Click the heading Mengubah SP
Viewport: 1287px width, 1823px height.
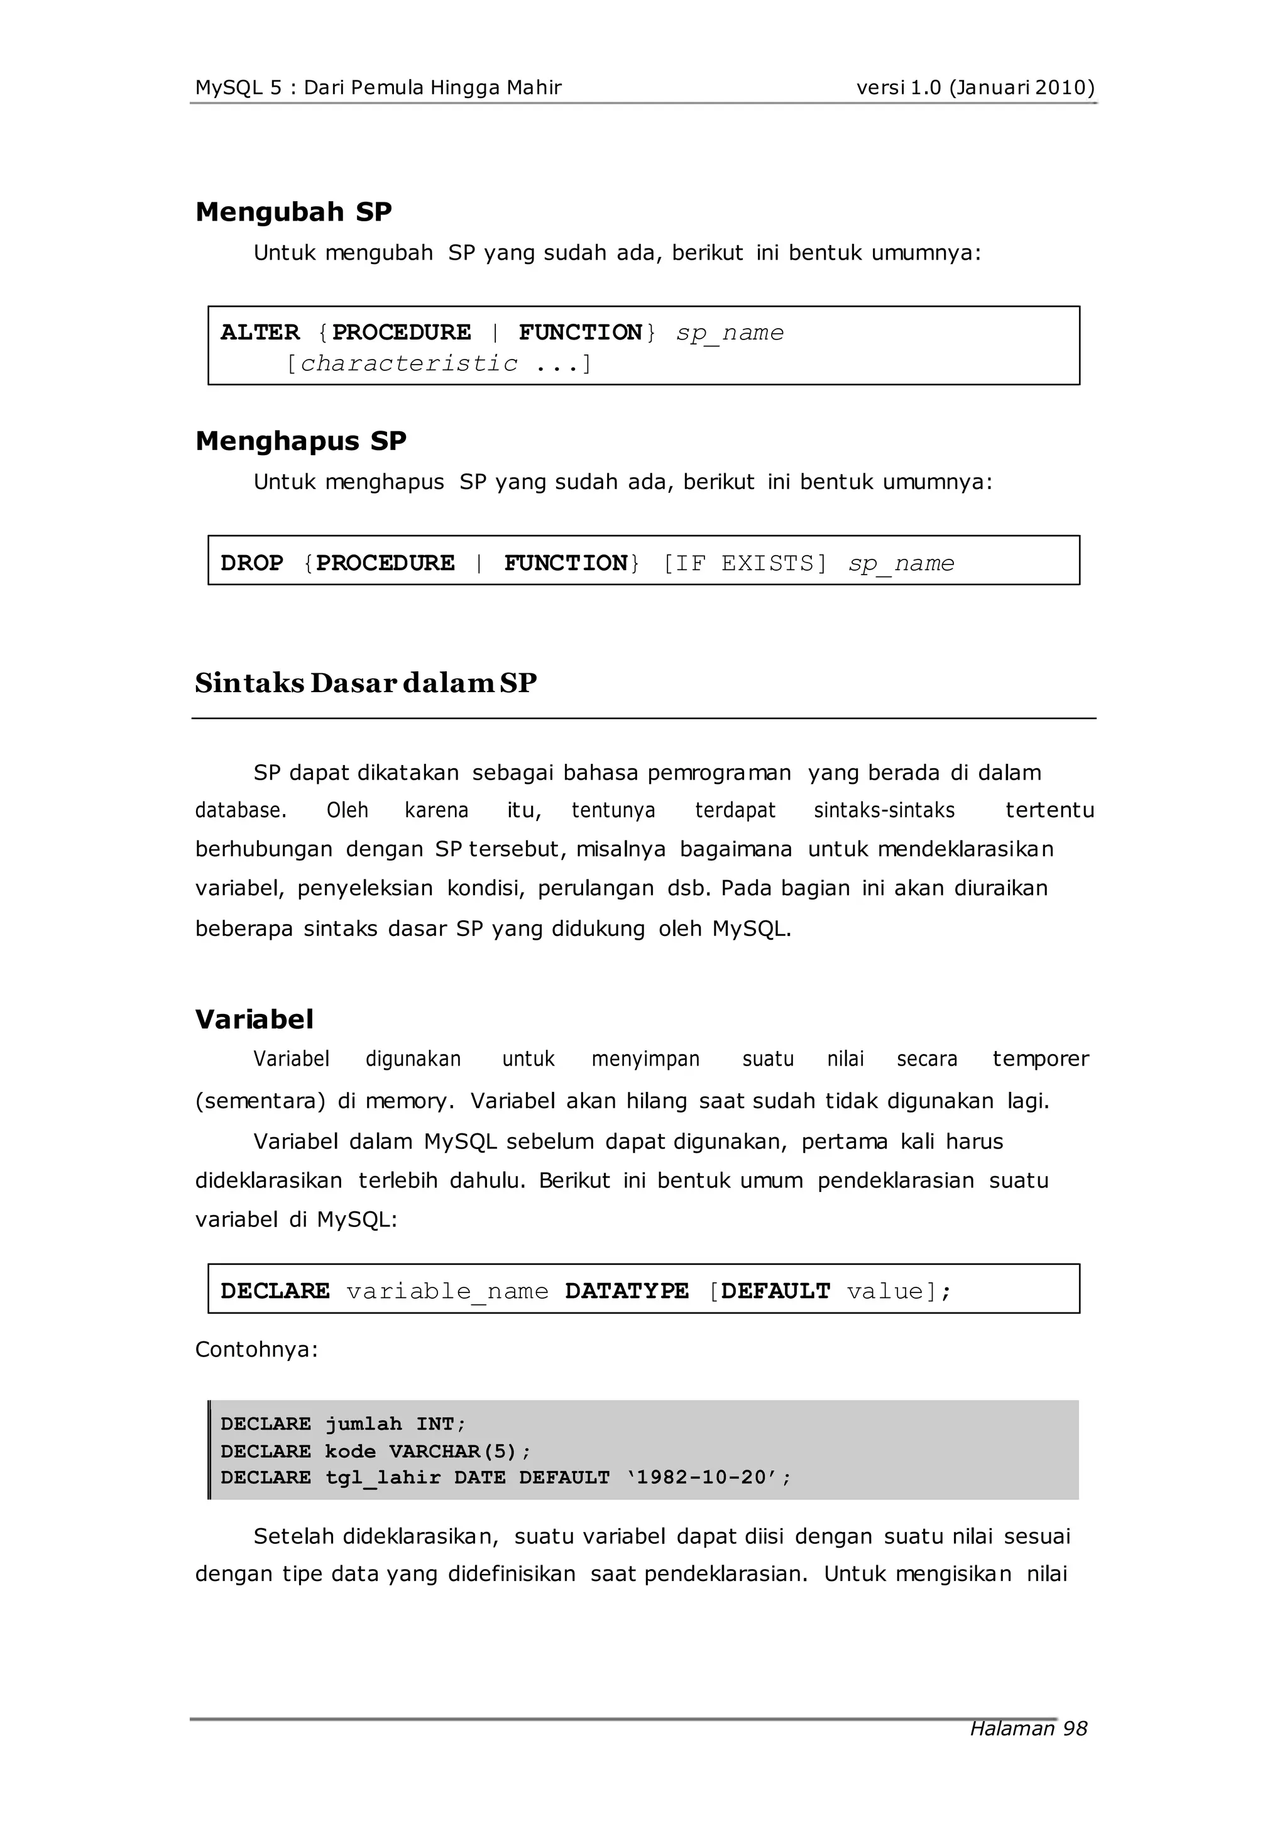[x=293, y=212]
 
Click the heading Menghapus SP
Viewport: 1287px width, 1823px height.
[x=301, y=441]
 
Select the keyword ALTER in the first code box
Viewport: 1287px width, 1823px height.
[x=260, y=332]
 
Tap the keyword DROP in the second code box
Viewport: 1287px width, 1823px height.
[x=252, y=563]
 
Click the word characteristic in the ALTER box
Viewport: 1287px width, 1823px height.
[x=409, y=363]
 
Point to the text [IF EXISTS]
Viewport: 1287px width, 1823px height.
[x=745, y=563]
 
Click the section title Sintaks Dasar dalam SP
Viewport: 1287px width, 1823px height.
[x=366, y=683]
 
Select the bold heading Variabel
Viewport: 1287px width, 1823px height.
[x=254, y=1020]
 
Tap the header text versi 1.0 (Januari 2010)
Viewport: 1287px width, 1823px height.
[x=975, y=87]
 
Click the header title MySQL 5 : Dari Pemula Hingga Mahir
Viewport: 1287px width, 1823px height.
[x=379, y=87]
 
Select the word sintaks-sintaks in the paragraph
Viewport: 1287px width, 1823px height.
[x=884, y=811]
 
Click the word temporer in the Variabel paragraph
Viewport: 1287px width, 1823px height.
[x=1040, y=1059]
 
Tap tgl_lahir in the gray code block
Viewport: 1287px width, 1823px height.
[x=383, y=1478]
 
